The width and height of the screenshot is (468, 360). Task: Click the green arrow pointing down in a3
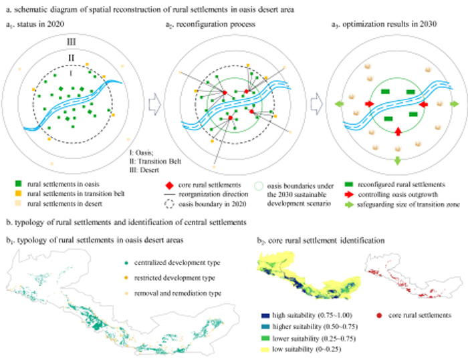398,162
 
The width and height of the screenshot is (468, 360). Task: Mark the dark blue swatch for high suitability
267,314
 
